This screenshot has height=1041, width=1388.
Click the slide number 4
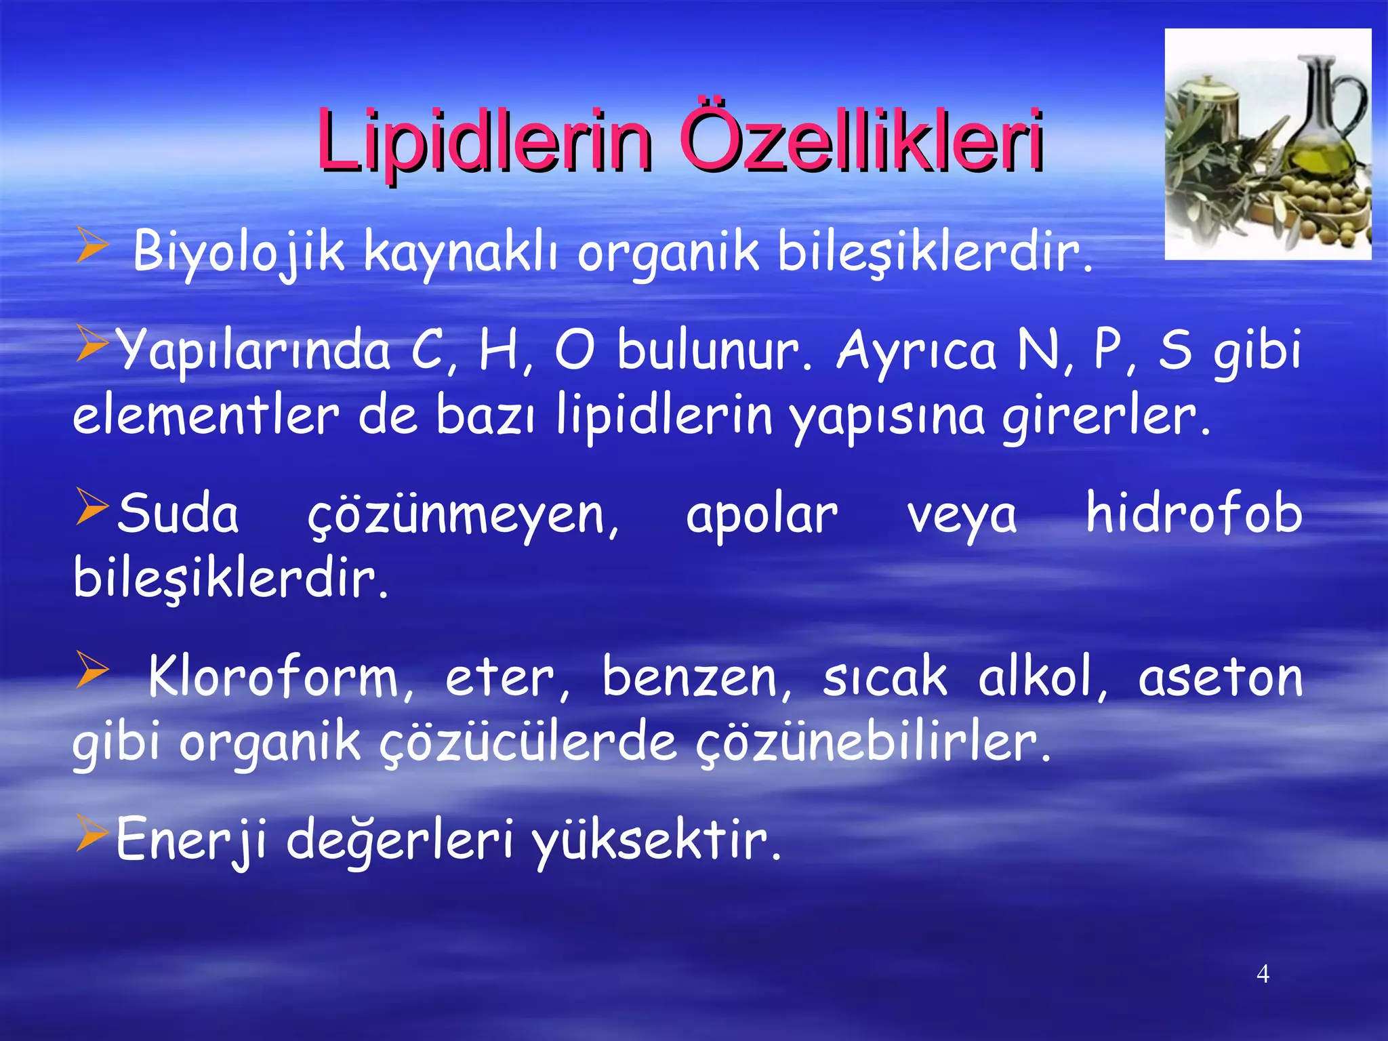[x=1263, y=974]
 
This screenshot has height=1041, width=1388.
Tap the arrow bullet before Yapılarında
[x=91, y=342]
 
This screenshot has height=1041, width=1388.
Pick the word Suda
[x=178, y=514]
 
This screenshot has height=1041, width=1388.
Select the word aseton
[x=1220, y=678]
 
